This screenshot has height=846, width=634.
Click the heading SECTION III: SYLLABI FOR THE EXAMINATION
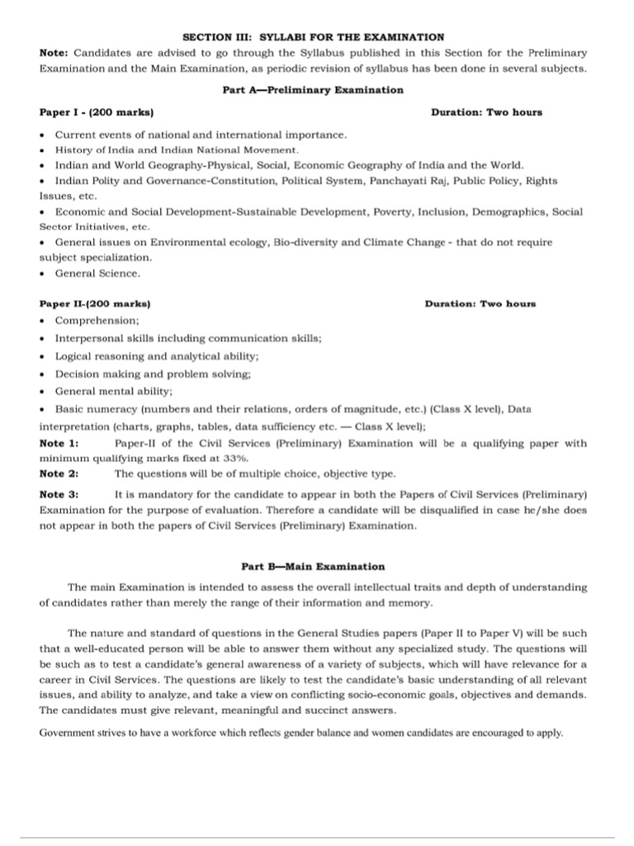313,37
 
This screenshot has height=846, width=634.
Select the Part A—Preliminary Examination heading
313,89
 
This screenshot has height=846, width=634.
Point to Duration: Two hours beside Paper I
486,112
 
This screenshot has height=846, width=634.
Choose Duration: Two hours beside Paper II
480,303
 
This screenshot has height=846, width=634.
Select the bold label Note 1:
59,444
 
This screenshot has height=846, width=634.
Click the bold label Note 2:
59,473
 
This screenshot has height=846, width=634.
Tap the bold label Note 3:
59,495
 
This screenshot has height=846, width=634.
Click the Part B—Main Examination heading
313,567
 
